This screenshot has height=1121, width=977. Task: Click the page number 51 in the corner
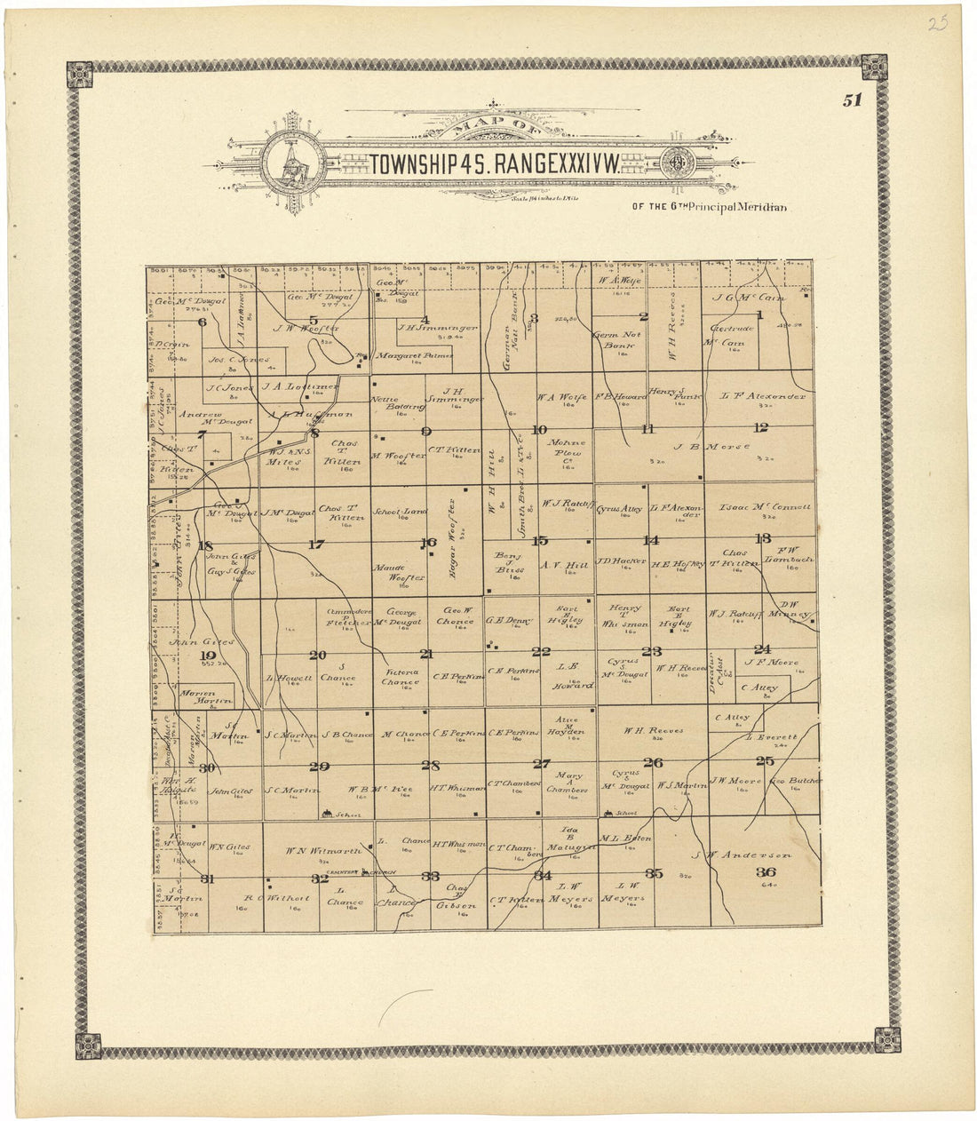click(853, 100)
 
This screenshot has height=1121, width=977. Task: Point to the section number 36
click(766, 872)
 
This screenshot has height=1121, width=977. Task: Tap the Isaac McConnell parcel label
click(767, 507)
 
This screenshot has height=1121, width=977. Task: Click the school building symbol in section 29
click(328, 813)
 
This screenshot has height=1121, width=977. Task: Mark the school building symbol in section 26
click(609, 813)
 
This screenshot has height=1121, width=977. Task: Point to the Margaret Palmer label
click(414, 355)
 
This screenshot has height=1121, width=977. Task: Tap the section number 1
click(759, 315)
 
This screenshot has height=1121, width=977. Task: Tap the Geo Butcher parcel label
click(793, 783)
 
